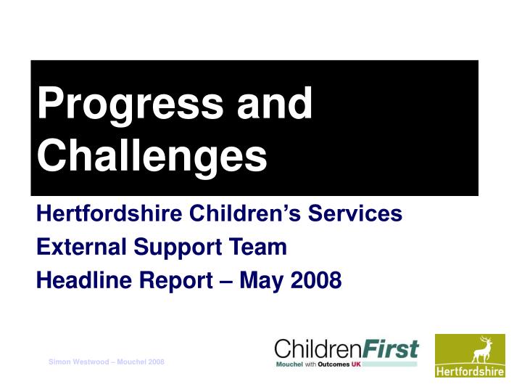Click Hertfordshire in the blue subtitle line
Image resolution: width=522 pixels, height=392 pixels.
click(x=109, y=214)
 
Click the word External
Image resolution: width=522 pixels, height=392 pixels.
click(x=81, y=248)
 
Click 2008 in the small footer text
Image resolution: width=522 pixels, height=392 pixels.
click(x=156, y=362)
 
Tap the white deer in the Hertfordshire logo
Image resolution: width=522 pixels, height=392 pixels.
click(x=480, y=351)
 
